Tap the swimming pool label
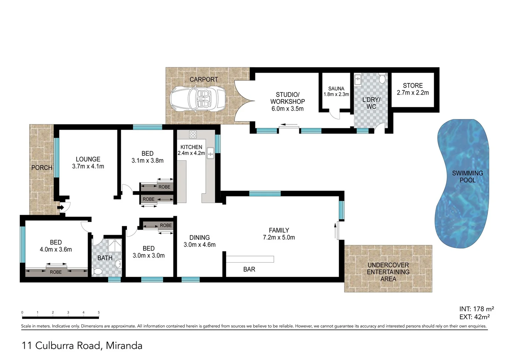(x=467, y=176)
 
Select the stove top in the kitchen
(x=193, y=134)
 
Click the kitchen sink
(x=211, y=153)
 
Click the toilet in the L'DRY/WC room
(x=382, y=78)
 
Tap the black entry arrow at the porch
(x=61, y=208)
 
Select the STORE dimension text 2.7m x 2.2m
(x=413, y=93)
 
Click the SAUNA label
(x=336, y=89)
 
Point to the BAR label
(x=249, y=269)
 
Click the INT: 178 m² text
(x=476, y=309)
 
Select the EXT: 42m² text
(x=474, y=317)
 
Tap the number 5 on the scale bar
(x=99, y=313)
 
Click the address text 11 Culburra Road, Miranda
(x=82, y=346)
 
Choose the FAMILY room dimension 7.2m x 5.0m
(x=279, y=237)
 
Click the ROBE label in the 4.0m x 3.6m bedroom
(x=56, y=272)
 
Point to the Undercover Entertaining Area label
(x=388, y=272)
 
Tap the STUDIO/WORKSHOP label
(x=287, y=98)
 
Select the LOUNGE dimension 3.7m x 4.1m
(x=88, y=166)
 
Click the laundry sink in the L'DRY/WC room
(x=358, y=80)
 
